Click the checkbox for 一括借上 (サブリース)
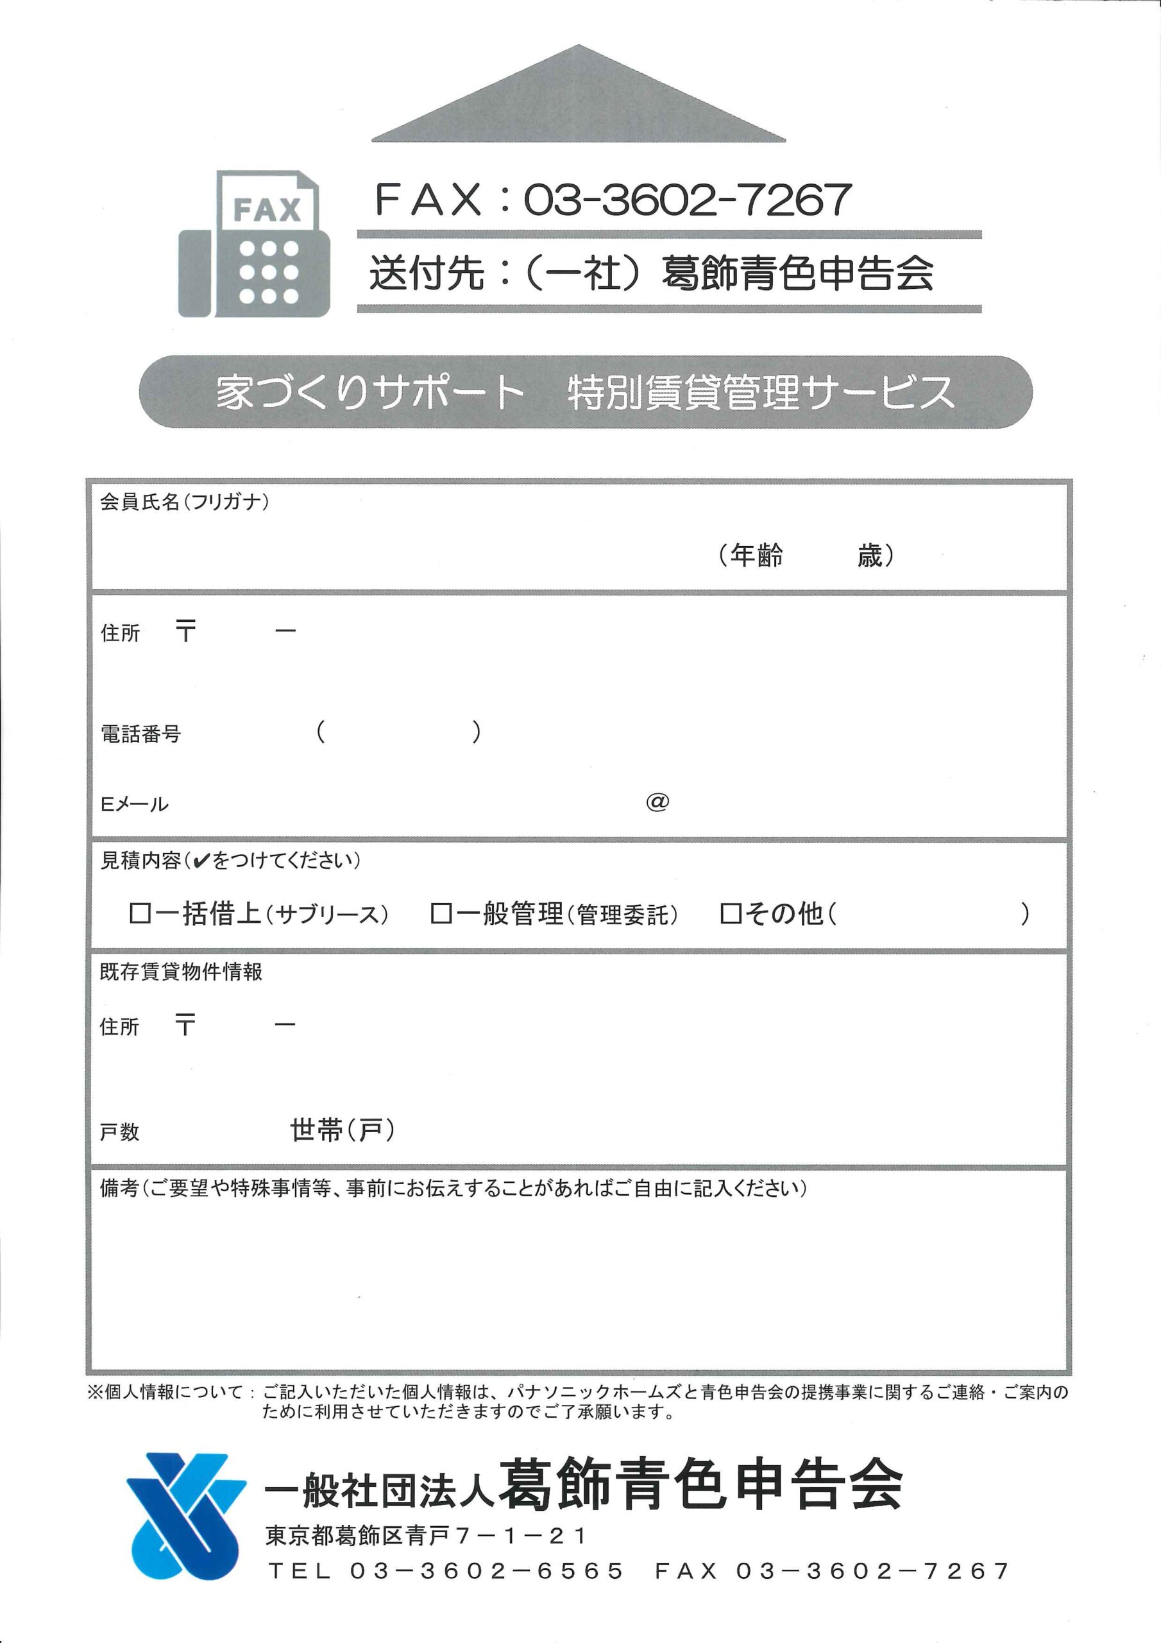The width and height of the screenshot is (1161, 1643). [138, 913]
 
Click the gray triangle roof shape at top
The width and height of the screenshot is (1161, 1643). [578, 100]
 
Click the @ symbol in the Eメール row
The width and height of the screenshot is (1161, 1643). [657, 802]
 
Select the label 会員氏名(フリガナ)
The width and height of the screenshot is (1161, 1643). [184, 502]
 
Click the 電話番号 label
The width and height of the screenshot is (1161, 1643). [140, 734]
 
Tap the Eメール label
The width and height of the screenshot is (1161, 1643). [134, 804]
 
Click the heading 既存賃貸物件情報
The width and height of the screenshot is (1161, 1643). [181, 972]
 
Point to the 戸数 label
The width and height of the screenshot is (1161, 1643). [119, 1132]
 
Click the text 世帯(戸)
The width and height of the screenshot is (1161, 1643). [342, 1131]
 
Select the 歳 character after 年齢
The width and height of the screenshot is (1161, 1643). [869, 555]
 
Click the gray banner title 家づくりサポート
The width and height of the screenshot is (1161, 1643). [371, 392]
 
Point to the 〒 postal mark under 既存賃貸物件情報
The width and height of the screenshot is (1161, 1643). [185, 1026]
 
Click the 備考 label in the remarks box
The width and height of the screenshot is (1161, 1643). [119, 1189]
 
